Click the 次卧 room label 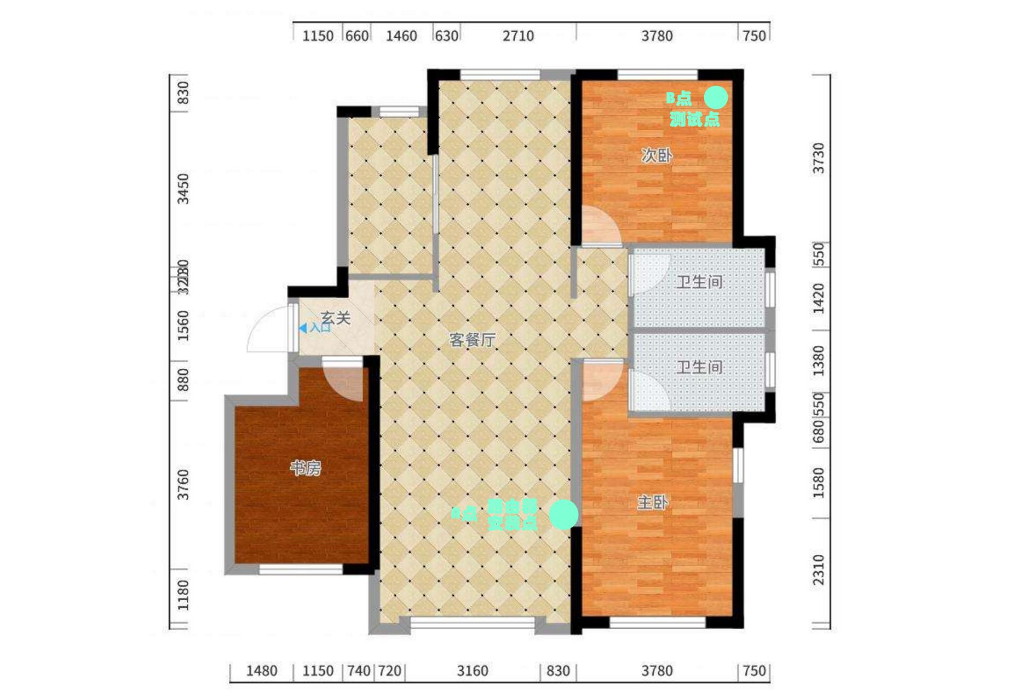point(657,156)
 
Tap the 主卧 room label point(652,502)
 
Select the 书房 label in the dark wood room point(305,468)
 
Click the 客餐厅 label point(472,340)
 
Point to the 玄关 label point(335,317)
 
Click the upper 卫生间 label point(699,282)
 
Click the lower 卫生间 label point(699,367)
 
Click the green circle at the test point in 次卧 point(716,98)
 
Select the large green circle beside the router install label point(563,514)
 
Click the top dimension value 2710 point(518,36)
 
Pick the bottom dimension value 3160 point(473,671)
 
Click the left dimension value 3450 point(184,189)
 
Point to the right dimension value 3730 point(818,158)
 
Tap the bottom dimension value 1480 point(261,671)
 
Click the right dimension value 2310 point(818,570)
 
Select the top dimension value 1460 point(401,36)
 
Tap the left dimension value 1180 point(184,595)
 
